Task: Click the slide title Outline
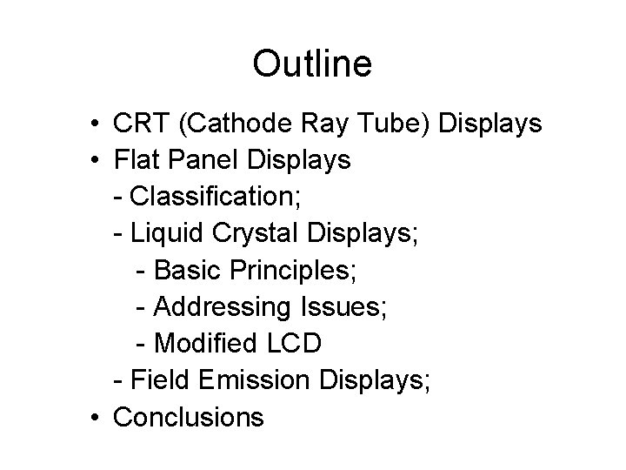(312, 63)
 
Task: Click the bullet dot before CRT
(93, 124)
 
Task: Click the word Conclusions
(189, 417)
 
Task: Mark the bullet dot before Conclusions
(93, 418)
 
